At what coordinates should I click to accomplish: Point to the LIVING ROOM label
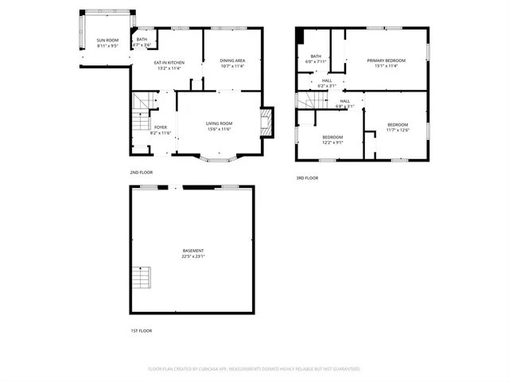click(219, 123)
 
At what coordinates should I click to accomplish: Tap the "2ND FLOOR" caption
click(141, 172)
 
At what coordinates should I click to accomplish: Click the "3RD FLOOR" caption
click(307, 177)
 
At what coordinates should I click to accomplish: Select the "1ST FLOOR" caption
click(141, 330)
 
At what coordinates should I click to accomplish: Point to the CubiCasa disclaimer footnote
click(254, 368)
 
